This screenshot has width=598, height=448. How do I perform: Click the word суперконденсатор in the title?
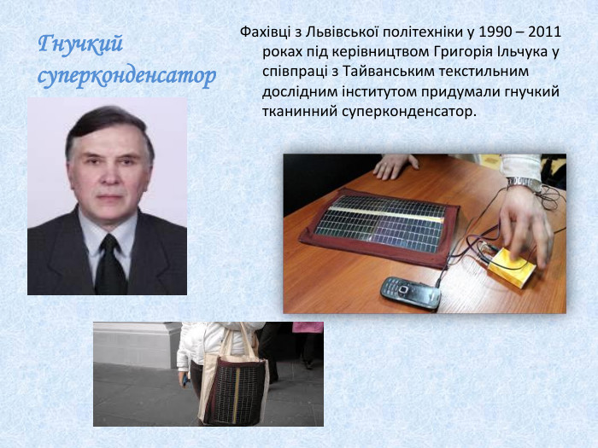coord(126,75)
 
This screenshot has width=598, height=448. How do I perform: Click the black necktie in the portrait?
coord(109,265)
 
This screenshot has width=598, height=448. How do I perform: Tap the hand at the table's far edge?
coord(395,165)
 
